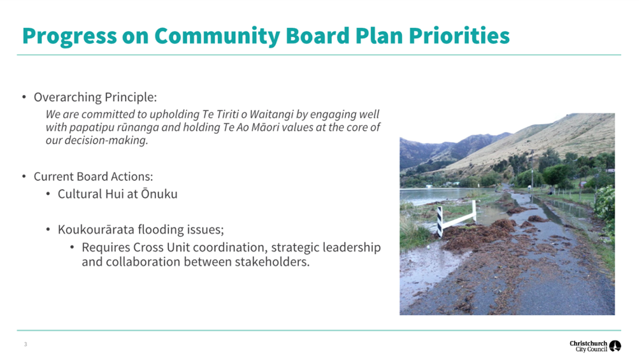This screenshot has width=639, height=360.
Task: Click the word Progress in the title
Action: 69,36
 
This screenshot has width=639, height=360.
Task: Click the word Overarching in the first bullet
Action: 68,97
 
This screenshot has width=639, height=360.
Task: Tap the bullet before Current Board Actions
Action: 24,176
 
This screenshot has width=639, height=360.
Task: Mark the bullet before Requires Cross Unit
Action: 72,247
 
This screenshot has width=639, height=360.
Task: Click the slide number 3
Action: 25,345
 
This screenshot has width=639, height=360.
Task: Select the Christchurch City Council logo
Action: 595,346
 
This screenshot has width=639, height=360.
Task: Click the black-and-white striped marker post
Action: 440,221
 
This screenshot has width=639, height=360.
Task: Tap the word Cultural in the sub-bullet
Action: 80,194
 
